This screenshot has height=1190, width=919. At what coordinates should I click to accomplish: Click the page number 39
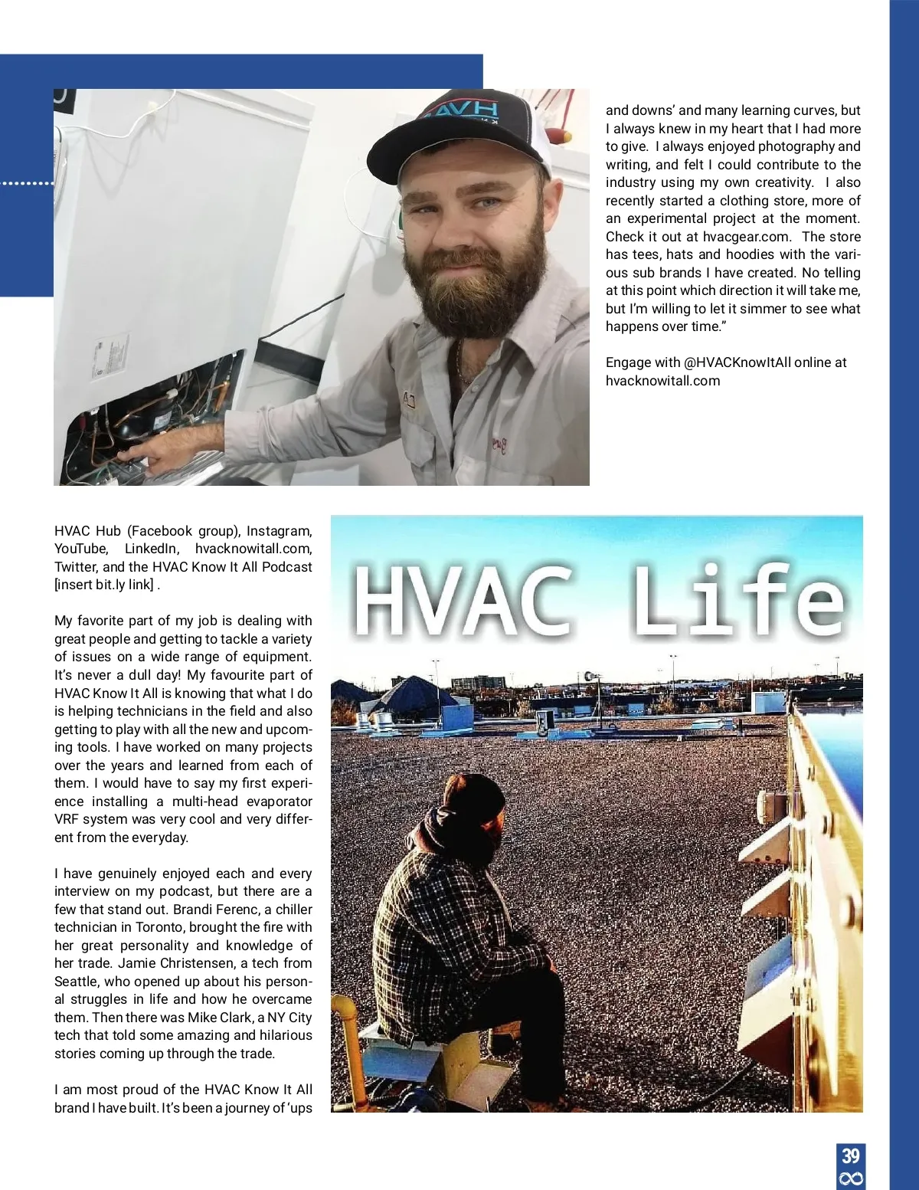tap(850, 1156)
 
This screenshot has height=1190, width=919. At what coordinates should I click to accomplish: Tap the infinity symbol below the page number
tap(850, 1179)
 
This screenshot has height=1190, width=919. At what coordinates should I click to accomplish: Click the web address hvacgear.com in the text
tap(746, 237)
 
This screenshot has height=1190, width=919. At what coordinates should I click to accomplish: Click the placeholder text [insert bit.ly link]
tap(103, 585)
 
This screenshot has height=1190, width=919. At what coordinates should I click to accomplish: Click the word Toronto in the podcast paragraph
tap(160, 927)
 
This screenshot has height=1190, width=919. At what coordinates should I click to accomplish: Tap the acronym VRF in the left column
tap(67, 819)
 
